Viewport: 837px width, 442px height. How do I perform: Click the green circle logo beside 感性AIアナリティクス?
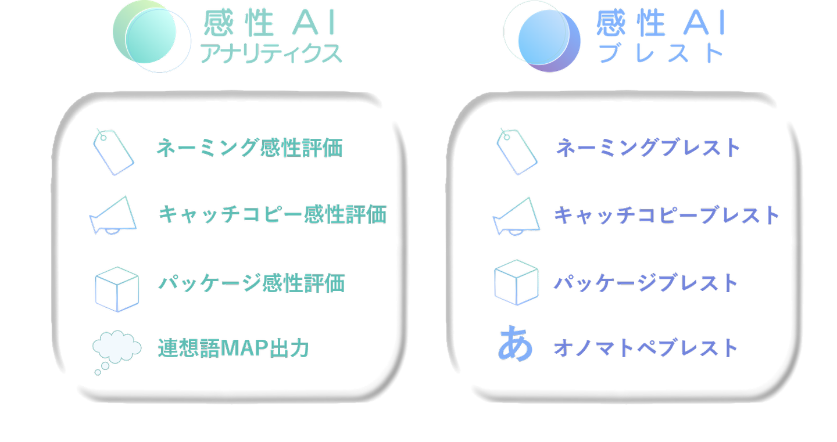[150, 36]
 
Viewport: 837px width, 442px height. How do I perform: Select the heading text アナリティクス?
[270, 54]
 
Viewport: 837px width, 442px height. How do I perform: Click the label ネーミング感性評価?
[249, 148]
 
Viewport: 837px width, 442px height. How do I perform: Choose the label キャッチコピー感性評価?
[272, 215]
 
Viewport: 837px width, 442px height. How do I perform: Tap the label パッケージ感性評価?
[252, 283]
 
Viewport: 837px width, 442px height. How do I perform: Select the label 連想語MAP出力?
[233, 348]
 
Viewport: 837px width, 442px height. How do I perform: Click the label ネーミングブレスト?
[648, 148]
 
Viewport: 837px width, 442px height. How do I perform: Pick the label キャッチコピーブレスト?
[666, 215]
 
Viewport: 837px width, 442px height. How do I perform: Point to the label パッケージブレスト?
[645, 283]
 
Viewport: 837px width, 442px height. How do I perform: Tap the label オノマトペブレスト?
[645, 348]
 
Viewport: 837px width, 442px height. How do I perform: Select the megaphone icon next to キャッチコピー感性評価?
[114, 216]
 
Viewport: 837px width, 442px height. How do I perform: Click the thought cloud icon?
[116, 350]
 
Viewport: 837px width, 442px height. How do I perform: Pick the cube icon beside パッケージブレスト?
[516, 282]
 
